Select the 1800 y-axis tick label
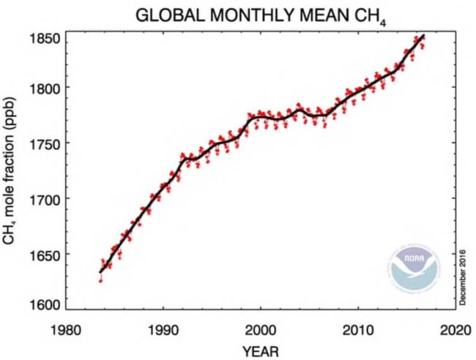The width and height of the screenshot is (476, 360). pyautogui.click(x=42, y=87)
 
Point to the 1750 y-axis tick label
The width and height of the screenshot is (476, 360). pyautogui.click(x=42, y=143)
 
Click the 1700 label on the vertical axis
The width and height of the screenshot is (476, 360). pyautogui.click(x=42, y=198)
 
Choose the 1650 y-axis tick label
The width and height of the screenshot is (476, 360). pyautogui.click(x=42, y=254)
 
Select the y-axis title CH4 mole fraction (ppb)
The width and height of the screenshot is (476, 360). pyautogui.click(x=13, y=173)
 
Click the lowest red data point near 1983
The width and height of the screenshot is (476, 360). pyautogui.click(x=100, y=280)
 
